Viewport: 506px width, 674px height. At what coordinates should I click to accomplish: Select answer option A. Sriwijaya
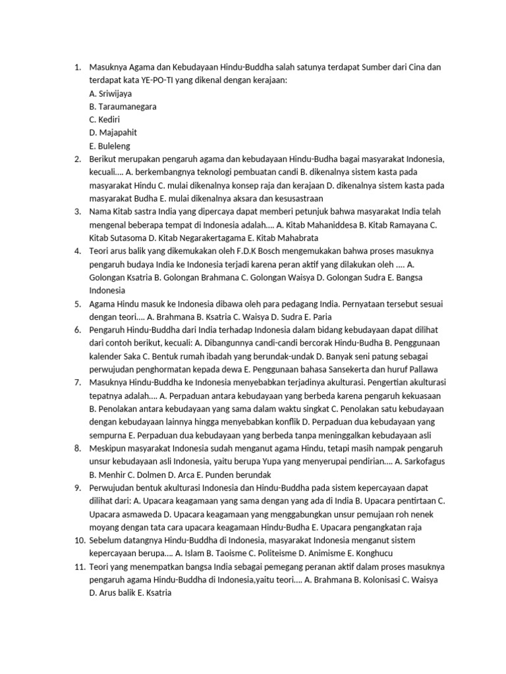pyautogui.click(x=110, y=93)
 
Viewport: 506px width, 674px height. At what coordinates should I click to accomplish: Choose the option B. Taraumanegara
pyautogui.click(x=123, y=106)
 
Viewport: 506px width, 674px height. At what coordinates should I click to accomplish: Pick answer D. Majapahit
pyautogui.click(x=113, y=132)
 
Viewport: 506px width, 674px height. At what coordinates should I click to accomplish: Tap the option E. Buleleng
pyautogui.click(x=110, y=145)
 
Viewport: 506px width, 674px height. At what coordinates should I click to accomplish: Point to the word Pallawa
pyautogui.click(x=422, y=369)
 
